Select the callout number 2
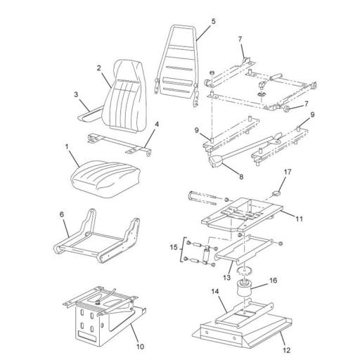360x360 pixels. [100, 68]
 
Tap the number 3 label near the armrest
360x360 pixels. [75, 93]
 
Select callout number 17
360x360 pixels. [287, 172]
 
